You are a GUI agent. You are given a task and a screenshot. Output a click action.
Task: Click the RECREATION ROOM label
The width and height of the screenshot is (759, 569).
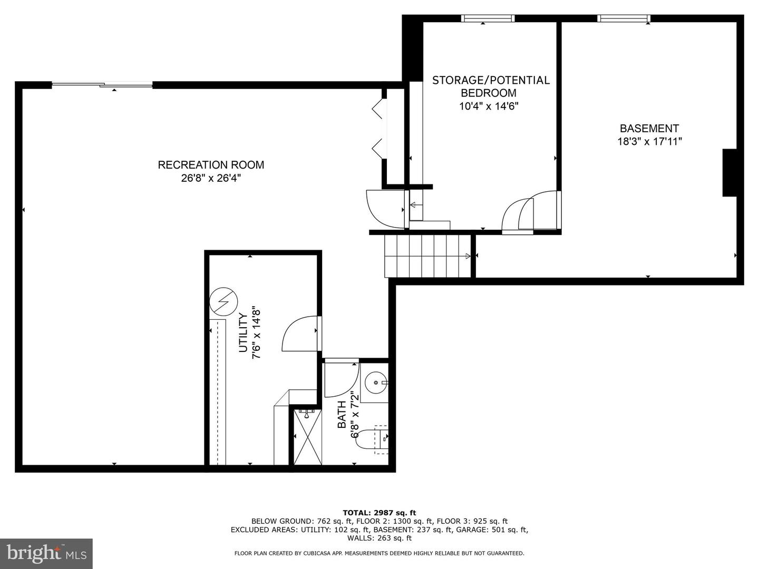pyautogui.click(x=211, y=165)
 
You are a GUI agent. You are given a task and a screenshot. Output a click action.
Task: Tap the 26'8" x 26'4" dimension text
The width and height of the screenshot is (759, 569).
pyautogui.click(x=211, y=178)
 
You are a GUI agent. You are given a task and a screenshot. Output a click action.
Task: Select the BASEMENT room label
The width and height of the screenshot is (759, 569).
pyautogui.click(x=649, y=129)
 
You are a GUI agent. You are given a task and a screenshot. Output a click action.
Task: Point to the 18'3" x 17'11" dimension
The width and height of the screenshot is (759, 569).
pyautogui.click(x=649, y=141)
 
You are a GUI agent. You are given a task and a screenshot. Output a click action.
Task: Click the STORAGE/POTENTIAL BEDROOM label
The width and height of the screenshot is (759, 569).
pyautogui.click(x=491, y=86)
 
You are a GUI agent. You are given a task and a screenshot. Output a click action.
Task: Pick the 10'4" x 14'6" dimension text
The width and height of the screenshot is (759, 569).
pyautogui.click(x=489, y=106)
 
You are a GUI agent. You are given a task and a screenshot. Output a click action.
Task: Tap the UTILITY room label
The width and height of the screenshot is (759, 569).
pyautogui.click(x=243, y=333)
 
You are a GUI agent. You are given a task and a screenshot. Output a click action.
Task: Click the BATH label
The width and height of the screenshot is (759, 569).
pyautogui.click(x=342, y=415)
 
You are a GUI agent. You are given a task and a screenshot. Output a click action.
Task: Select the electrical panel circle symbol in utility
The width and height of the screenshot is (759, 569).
pyautogui.click(x=220, y=301)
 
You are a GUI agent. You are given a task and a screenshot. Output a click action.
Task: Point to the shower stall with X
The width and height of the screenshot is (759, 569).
pyautogui.click(x=307, y=437)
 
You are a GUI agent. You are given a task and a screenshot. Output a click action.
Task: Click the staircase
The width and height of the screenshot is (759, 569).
pyautogui.click(x=427, y=256)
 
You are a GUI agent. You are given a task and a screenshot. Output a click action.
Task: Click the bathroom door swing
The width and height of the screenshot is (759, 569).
pyautogui.click(x=340, y=378)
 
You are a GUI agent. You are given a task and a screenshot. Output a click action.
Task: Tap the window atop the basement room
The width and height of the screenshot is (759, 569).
pyautogui.click(x=624, y=18)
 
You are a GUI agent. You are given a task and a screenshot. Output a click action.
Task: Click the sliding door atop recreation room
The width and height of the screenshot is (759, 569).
pyautogui.click(x=102, y=84)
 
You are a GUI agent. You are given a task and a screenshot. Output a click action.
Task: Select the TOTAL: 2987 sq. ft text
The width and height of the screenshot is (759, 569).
pyautogui.click(x=379, y=512)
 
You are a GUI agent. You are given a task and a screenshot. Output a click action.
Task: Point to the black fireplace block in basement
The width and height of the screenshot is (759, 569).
pyautogui.click(x=729, y=173)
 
